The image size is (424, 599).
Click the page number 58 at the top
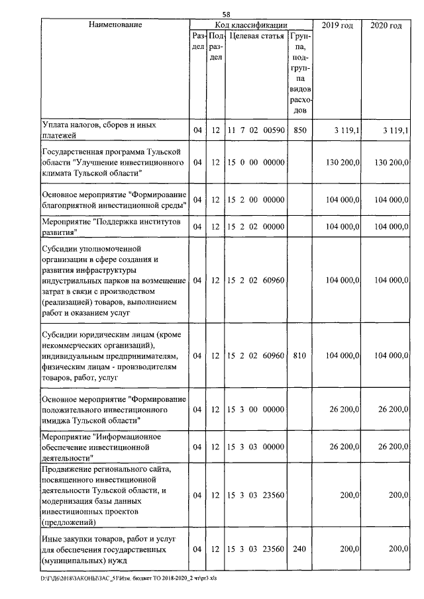click(227, 15)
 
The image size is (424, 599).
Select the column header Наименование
click(115, 25)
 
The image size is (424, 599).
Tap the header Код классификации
click(250, 25)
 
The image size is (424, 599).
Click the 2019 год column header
click(337, 25)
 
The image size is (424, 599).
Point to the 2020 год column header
click(386, 25)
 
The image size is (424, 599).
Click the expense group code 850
click(299, 130)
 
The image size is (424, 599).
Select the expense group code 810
click(299, 355)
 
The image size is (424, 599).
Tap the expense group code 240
click(299, 549)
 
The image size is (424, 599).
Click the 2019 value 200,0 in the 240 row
click(351, 549)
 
